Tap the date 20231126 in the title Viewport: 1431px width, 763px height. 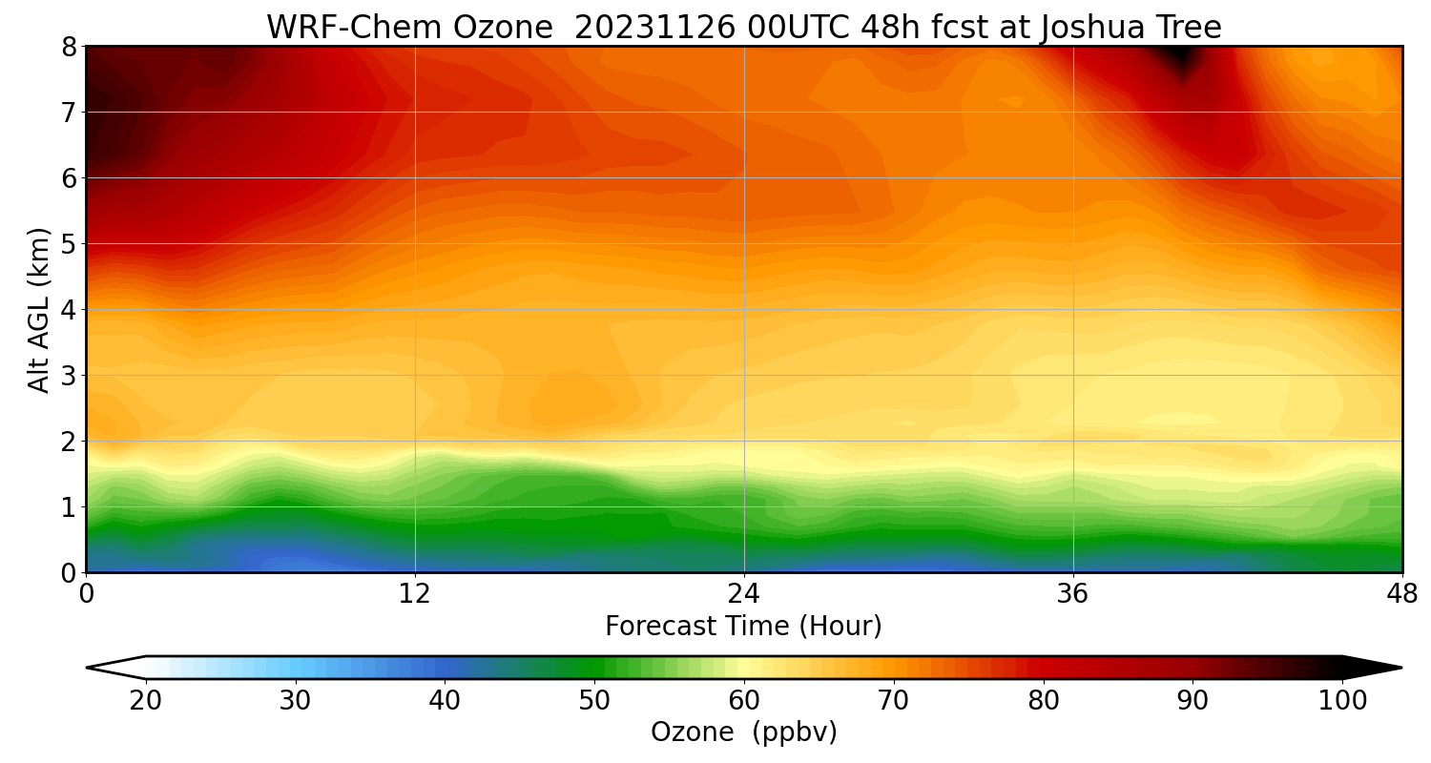click(655, 28)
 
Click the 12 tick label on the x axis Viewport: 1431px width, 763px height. click(415, 593)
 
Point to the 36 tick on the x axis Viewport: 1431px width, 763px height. click(1073, 593)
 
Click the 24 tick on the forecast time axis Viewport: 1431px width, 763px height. click(744, 593)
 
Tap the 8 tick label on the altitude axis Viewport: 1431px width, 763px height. click(69, 47)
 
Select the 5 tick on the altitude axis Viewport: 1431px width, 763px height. click(69, 244)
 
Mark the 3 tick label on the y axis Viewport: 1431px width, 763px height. click(69, 376)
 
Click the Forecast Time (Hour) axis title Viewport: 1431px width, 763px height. click(743, 627)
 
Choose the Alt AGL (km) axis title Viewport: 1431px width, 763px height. click(39, 310)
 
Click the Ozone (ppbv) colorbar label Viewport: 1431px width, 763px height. click(743, 732)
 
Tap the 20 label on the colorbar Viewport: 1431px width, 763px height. click(146, 701)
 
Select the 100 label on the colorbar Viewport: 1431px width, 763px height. click(1342, 701)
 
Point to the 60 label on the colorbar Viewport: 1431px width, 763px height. click(744, 701)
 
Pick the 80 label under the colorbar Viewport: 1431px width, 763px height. click(1044, 701)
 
